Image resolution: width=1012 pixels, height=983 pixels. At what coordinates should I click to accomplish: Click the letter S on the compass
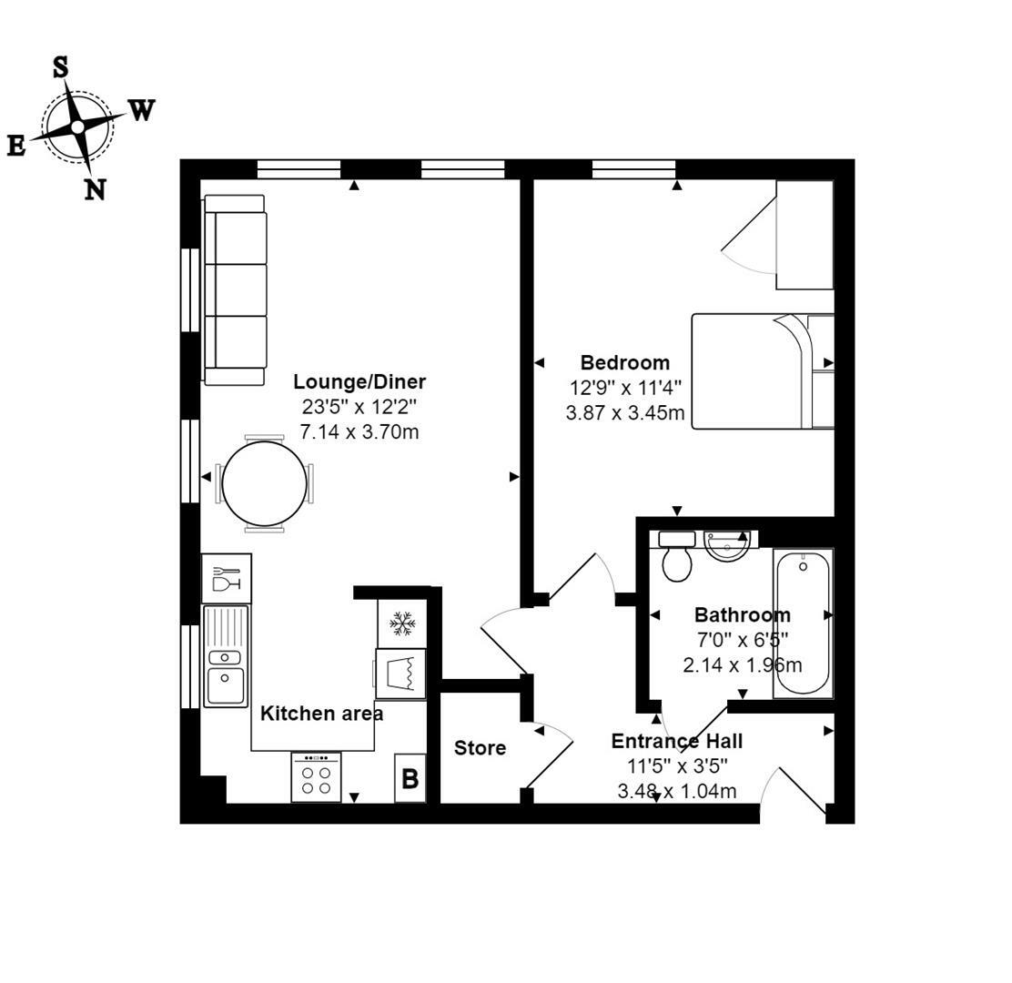coord(60,66)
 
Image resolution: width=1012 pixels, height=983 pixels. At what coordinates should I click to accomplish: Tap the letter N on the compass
coord(95,189)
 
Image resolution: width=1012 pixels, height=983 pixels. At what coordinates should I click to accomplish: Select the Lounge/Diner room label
coord(359,382)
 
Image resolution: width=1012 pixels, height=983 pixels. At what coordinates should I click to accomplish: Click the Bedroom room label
coord(624,363)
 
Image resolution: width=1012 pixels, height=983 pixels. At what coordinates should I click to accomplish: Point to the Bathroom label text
coord(742,614)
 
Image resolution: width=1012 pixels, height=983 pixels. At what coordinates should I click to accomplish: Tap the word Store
coord(480,748)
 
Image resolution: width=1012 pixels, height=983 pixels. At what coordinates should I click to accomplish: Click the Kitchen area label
coord(321,714)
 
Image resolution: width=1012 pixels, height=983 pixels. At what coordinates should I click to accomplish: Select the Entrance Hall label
coord(676,741)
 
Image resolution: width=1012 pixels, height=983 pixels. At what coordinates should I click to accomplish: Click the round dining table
coord(264,484)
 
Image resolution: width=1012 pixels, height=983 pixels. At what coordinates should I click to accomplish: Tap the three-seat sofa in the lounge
coord(236,289)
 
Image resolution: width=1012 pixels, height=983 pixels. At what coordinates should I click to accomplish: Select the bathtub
coord(803,623)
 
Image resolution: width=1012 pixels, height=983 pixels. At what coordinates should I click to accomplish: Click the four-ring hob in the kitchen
coord(316,777)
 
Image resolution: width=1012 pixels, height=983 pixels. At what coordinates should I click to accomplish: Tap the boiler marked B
coord(410,779)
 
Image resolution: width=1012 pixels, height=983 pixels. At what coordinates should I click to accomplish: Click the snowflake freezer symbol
coord(401,623)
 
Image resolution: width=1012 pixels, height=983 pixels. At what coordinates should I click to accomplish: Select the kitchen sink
coord(226,656)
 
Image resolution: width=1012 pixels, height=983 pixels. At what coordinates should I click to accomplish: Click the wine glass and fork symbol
coord(226,578)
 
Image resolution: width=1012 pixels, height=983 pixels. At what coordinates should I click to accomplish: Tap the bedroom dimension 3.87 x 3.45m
coord(624,412)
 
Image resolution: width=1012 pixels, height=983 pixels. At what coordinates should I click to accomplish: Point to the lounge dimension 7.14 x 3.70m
coord(359,431)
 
